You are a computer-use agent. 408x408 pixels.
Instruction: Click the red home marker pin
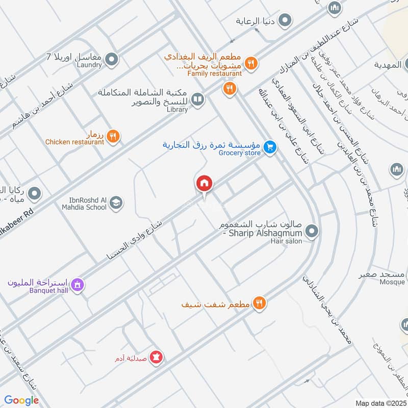(204, 183)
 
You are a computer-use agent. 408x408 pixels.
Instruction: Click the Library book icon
(198, 99)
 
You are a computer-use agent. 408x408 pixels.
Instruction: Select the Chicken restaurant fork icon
(114, 136)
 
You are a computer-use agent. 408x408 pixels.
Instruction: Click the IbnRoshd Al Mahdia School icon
(116, 203)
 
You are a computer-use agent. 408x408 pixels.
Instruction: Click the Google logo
(21, 400)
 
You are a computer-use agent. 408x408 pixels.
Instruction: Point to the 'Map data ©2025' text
(379, 403)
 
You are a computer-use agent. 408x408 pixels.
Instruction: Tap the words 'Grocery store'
(240, 152)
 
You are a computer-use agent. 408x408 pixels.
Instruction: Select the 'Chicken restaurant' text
(74, 142)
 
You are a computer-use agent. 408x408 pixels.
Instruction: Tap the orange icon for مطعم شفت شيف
(260, 303)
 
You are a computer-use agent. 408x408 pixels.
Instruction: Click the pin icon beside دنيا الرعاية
(286, 21)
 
